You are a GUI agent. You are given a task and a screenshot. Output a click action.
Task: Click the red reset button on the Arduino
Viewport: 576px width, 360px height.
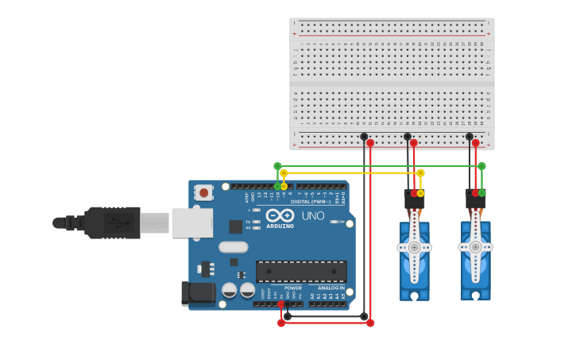pyautogui.click(x=204, y=192)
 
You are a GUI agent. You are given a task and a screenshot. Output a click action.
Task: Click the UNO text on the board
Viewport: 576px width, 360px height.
pyautogui.click(x=312, y=215)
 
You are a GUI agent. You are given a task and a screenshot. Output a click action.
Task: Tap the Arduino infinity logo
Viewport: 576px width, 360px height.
pyautogui.click(x=280, y=215)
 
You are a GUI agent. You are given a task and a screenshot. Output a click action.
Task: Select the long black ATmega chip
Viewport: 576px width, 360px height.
pyautogui.click(x=300, y=271)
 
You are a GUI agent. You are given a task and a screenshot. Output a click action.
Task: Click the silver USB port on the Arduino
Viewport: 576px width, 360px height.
pyautogui.click(x=192, y=223)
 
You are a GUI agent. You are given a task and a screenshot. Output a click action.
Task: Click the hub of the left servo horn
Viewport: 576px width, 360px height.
pyautogui.click(x=414, y=247)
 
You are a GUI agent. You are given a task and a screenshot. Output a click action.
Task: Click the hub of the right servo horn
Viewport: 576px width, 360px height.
pyautogui.click(x=475, y=247)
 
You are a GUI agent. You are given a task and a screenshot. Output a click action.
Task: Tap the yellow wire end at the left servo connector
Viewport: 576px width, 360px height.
pyautogui.click(x=420, y=193)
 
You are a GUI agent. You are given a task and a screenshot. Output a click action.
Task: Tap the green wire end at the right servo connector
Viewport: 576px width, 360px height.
pyautogui.click(x=481, y=192)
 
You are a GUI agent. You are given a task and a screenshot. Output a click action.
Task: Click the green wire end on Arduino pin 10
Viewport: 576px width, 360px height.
pyautogui.click(x=277, y=186)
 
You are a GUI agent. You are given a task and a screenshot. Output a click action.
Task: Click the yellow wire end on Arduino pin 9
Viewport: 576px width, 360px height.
pyautogui.click(x=284, y=186)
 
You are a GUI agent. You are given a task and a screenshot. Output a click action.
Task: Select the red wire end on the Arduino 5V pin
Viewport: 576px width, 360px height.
pyautogui.click(x=281, y=304)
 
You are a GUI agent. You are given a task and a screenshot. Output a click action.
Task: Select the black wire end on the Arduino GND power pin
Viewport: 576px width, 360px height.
pyautogui.click(x=288, y=304)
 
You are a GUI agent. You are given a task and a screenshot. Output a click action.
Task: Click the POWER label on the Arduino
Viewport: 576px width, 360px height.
pyautogui.click(x=293, y=288)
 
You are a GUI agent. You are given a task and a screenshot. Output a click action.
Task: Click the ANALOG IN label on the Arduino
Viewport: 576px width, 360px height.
pyautogui.click(x=331, y=288)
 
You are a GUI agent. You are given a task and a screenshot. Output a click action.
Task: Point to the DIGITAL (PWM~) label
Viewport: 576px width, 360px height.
pyautogui.click(x=311, y=202)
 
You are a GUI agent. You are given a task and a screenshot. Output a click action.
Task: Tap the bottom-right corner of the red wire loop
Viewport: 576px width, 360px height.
pyautogui.click(x=370, y=323)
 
